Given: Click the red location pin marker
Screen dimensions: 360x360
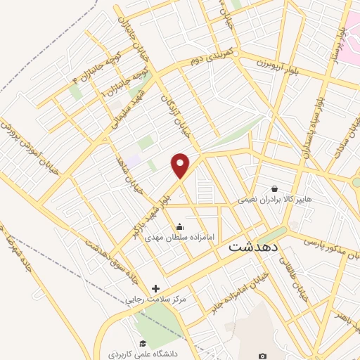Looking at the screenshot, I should pyautogui.click(x=181, y=165).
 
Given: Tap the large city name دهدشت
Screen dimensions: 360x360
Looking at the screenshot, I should pyautogui.click(x=255, y=247).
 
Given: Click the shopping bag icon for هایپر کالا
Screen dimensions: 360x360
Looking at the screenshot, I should pyautogui.click(x=274, y=188).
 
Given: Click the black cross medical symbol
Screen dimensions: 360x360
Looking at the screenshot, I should pyautogui.click(x=155, y=288).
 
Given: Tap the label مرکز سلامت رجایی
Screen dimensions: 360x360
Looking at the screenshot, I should pyautogui.click(x=156, y=300).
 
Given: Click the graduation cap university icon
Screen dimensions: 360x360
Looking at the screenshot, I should pyautogui.click(x=143, y=344).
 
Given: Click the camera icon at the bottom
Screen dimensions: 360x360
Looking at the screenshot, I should pyautogui.click(x=262, y=356).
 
